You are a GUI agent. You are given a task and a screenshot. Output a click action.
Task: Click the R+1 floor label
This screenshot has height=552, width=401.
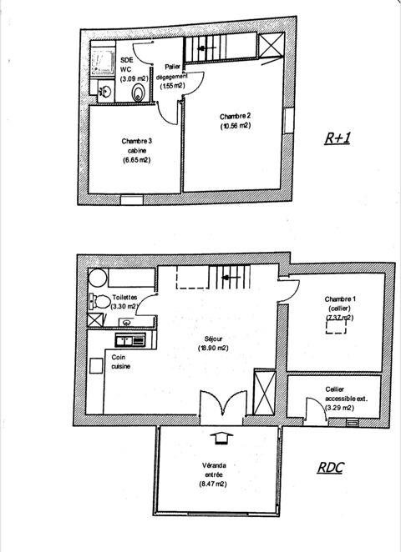[x=338, y=138]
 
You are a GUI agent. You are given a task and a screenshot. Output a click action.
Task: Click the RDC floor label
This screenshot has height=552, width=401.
[x=331, y=467]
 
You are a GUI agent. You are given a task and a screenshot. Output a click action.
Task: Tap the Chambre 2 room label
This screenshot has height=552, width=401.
[x=235, y=117]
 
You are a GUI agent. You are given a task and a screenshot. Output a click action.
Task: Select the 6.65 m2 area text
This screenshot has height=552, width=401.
[x=136, y=160]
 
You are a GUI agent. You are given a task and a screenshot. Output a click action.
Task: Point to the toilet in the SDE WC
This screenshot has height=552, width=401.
[x=138, y=93]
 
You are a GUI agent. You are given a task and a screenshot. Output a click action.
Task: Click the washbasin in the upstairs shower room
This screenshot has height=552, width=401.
[x=105, y=92]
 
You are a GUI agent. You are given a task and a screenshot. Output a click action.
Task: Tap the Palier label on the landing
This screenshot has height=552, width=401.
[x=172, y=67]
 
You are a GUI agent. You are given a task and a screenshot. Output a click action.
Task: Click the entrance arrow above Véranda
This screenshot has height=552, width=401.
[x=221, y=439]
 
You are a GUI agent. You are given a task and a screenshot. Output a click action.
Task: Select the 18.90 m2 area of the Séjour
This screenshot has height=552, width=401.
[x=213, y=349]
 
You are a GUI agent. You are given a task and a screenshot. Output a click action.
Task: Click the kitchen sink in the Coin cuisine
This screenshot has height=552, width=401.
[x=130, y=340]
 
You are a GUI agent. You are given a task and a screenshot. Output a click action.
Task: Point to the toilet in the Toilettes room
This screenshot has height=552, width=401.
[x=99, y=302]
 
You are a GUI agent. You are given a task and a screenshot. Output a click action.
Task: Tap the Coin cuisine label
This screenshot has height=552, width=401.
[x=121, y=362]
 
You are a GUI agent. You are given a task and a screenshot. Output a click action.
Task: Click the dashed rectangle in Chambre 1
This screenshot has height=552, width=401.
[x=336, y=327]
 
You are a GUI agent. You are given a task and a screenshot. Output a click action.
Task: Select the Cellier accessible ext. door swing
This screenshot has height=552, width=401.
[x=315, y=409]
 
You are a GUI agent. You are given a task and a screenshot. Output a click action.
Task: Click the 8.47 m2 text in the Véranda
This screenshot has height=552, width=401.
[x=212, y=484]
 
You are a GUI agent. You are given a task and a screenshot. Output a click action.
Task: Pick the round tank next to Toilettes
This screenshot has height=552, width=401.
[x=98, y=278]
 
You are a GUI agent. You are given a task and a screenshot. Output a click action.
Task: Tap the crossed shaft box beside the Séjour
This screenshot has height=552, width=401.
[x=265, y=392]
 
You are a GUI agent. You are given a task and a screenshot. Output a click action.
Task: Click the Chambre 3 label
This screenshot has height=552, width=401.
[x=136, y=141]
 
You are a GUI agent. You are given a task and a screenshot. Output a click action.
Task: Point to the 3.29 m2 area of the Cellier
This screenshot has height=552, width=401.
[x=339, y=409]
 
